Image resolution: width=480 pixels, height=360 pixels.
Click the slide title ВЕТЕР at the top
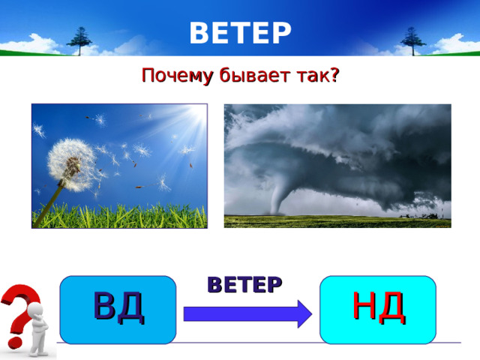(240, 33)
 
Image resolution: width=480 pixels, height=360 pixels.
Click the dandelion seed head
(71, 160)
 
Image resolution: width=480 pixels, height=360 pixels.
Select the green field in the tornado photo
(337, 220)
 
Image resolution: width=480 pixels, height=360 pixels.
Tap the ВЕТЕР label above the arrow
(244, 284)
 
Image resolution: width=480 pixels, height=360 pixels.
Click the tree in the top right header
(412, 39)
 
